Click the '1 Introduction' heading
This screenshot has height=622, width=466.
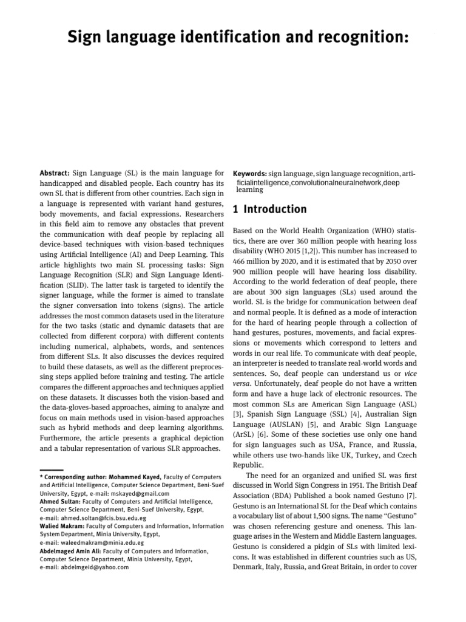click(270, 210)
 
